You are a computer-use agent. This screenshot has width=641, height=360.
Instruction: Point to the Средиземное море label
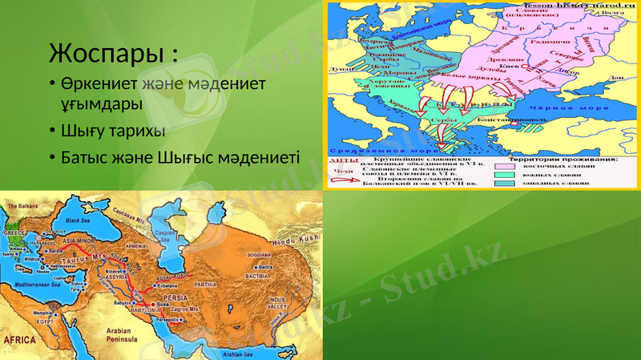[368, 149]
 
